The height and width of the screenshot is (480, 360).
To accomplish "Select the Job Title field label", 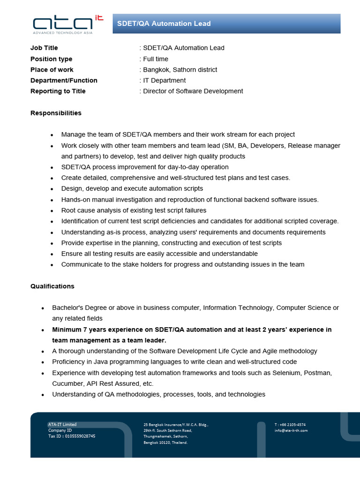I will click(x=44, y=48).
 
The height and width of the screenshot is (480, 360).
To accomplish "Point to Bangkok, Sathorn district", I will click(x=180, y=69).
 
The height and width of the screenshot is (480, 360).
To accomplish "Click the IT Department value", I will click(x=164, y=80).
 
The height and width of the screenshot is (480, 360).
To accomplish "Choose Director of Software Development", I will click(x=193, y=91).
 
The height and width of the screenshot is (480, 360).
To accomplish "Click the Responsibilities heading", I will click(x=56, y=113).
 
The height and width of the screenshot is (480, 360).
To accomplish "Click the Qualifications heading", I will click(x=52, y=286).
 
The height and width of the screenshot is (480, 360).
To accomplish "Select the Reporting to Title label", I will click(x=58, y=91).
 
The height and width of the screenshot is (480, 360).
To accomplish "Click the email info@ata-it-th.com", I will click(x=291, y=430).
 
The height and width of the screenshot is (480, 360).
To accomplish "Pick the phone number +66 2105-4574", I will click(x=293, y=425).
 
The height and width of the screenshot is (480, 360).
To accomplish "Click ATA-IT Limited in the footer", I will click(x=62, y=425).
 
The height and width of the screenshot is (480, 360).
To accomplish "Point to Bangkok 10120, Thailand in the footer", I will click(x=165, y=442).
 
